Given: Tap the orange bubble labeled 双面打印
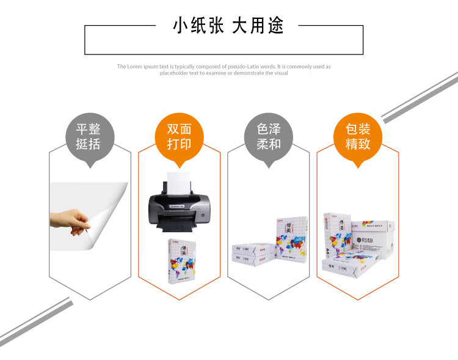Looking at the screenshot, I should coord(179,136).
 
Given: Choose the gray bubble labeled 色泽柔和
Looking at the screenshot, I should coord(267,136).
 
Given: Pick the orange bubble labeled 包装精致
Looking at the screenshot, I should coord(358,136).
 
